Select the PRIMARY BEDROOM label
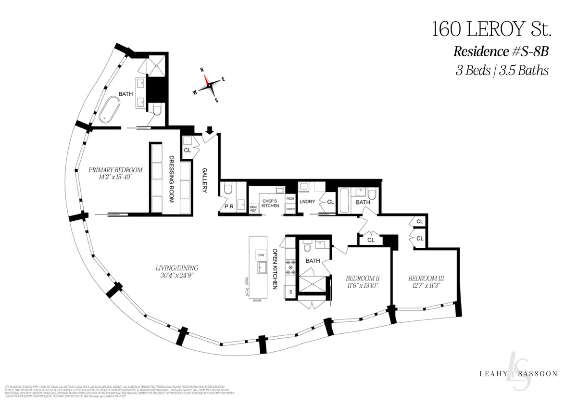(x=115, y=170)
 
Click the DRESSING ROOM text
(x=170, y=179)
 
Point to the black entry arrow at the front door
(x=209, y=130)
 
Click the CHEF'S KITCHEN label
(x=270, y=203)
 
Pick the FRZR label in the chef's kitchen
(x=290, y=198)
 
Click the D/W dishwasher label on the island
(x=261, y=254)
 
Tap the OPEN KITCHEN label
(x=276, y=268)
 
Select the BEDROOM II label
(x=363, y=278)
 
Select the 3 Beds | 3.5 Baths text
(x=502, y=71)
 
